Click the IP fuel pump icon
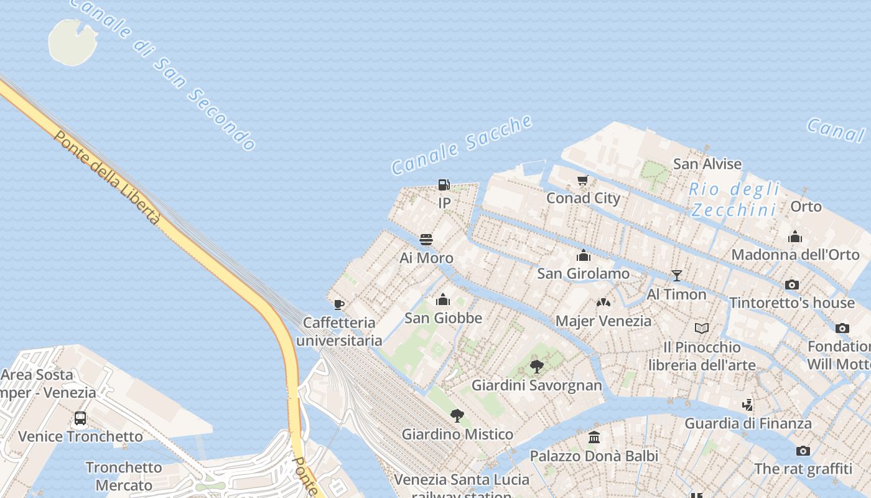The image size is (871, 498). coord(444,185)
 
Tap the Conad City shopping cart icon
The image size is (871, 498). coord(583,181)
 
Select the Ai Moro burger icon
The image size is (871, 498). coord(426,240)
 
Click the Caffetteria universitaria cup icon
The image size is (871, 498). coord(339,304)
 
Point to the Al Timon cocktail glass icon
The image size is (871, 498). coord(677,276)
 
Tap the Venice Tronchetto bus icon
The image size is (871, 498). coord(80,418)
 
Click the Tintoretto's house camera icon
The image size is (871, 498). coord(792,285)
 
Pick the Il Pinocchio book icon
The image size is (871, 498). coord(702,329)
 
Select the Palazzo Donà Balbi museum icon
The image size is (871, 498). coord(594,438)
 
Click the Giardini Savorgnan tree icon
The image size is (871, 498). coord(537,367)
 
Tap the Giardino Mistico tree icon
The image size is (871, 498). coord(457,416)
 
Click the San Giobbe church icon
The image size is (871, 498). coord(443,300)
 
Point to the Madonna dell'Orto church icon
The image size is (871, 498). coord(795,237)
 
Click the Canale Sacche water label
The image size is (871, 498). coord(462,145)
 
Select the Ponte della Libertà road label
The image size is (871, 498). coord(108,177)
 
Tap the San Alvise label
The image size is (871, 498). coord(707,164)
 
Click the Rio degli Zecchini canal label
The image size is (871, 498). coord(735,199)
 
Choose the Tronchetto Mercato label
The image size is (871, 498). coord(124,476)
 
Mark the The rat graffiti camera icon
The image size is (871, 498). coord(803,451)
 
